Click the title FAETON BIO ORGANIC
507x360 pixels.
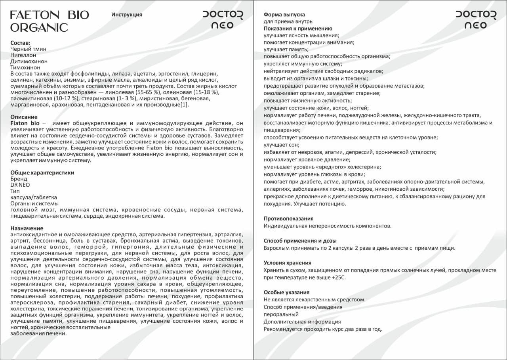pyautogui.click(x=50, y=21)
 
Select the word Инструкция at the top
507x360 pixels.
pyautogui.click(x=127, y=15)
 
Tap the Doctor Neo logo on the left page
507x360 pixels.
pyautogui.click(x=223, y=20)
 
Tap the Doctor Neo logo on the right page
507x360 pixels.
pyautogui.click(x=476, y=20)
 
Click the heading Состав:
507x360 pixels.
pyautogui.click(x=20, y=43)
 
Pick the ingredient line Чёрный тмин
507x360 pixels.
pyautogui.click(x=28, y=49)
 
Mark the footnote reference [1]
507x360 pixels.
pyautogui.click(x=184, y=105)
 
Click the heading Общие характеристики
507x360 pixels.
pyautogui.click(x=42, y=172)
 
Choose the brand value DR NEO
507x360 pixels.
pyautogui.click(x=20, y=185)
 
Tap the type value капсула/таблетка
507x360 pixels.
pyautogui.click(x=34, y=197)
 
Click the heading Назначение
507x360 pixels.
pyautogui.click(x=27, y=228)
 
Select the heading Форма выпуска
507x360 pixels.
pyautogui.click(x=284, y=15)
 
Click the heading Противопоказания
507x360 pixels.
pyautogui.click(x=289, y=218)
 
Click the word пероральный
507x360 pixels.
pyautogui.click(x=281, y=314)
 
